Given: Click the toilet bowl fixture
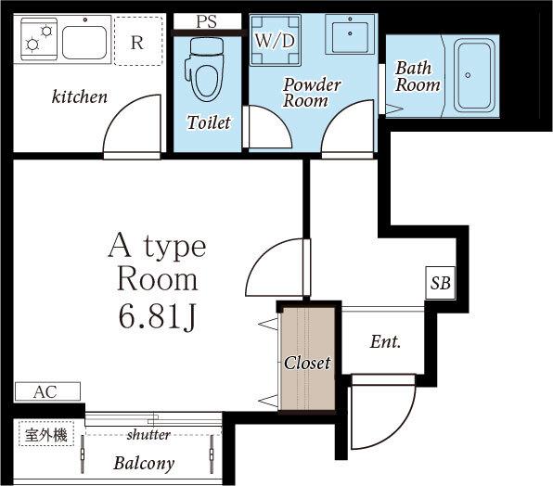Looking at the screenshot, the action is click(204, 70).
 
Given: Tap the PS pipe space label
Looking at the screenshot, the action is click(207, 21).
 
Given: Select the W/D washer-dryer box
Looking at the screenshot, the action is click(275, 40).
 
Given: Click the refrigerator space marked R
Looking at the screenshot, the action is click(138, 41).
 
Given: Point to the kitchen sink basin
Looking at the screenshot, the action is click(84, 43).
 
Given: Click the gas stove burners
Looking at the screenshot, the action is click(39, 39).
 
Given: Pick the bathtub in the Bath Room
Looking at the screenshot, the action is click(474, 75).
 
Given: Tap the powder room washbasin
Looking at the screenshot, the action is click(350, 34).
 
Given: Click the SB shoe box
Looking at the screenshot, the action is click(441, 283).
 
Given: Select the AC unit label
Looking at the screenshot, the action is click(45, 391).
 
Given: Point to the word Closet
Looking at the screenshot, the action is click(307, 363).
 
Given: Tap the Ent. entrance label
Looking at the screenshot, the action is click(385, 342).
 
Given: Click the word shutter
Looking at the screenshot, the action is click(148, 435).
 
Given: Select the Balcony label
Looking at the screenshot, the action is click(144, 464).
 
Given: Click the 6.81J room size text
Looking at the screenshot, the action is click(158, 316).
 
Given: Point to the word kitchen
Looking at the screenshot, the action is click(80, 96).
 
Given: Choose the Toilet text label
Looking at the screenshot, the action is click(209, 122).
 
